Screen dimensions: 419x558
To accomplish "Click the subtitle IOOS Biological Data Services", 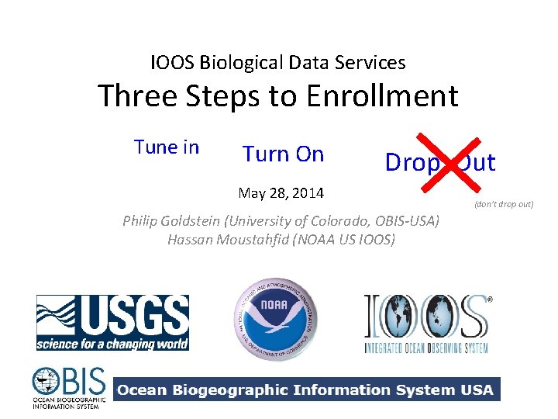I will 277,62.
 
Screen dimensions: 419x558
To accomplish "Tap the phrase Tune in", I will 167,147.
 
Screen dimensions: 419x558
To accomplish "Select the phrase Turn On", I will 283,154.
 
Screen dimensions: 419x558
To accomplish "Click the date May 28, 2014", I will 281,192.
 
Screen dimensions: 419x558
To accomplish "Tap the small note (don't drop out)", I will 503,204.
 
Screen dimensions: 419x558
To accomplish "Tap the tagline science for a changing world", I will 112,343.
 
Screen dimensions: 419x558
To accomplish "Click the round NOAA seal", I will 277,318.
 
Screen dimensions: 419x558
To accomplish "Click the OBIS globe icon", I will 46,383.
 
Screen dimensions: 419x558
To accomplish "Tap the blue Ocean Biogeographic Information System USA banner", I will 307,390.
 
